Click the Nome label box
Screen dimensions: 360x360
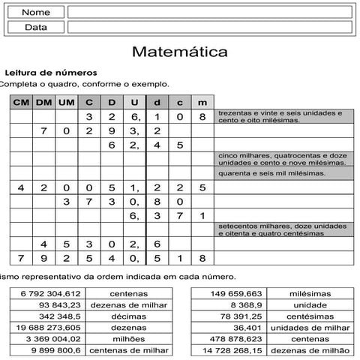tap(36, 12)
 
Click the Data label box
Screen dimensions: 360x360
tap(36, 27)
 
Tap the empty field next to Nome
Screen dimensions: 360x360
tap(210, 12)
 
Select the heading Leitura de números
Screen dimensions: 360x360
tap(50, 73)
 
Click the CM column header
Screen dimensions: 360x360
tap(22, 101)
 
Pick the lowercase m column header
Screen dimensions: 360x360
tap(202, 101)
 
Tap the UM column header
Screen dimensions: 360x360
tap(67, 101)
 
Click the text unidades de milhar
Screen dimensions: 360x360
tap(310, 327)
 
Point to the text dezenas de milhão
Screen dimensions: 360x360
tap(310, 349)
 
